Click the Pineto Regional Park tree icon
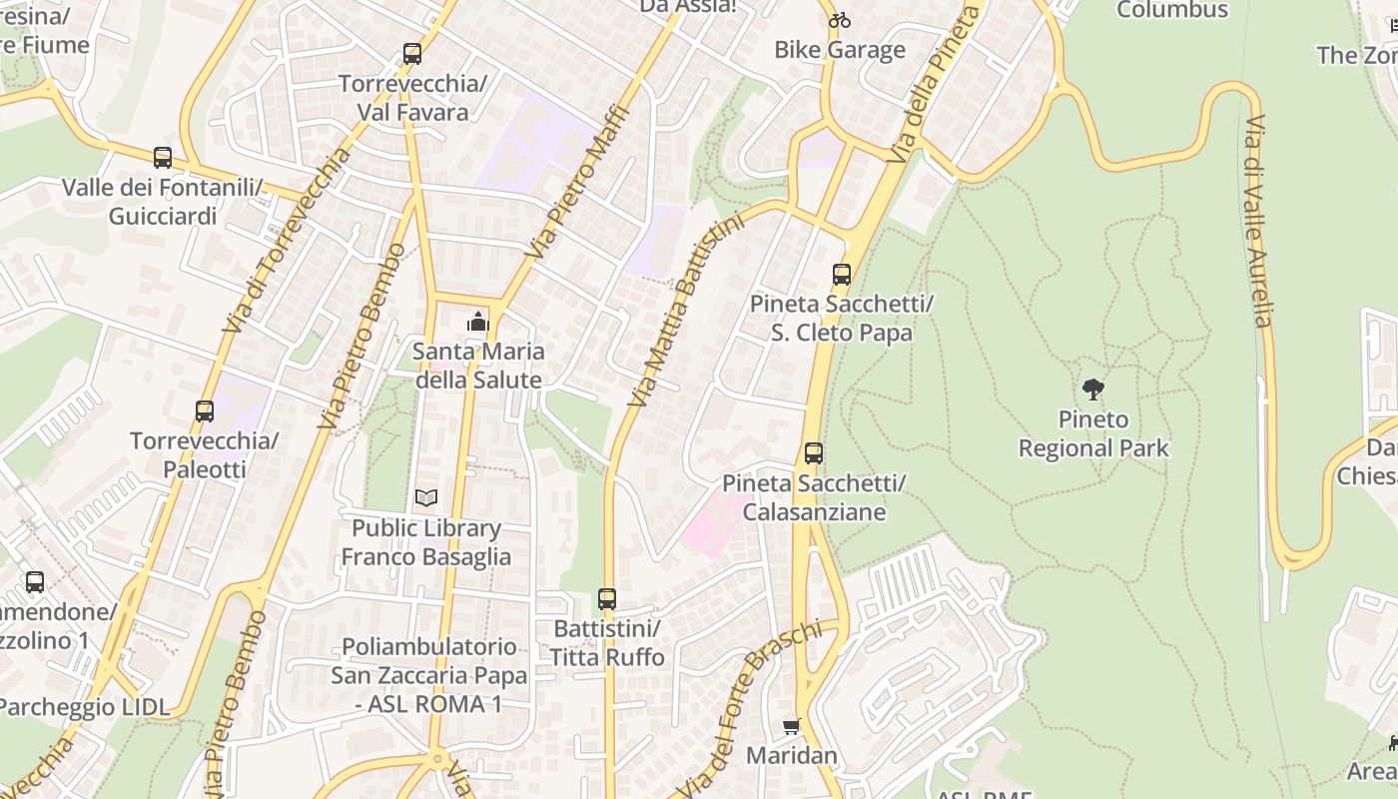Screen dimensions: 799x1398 1093,389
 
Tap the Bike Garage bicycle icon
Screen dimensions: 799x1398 840,20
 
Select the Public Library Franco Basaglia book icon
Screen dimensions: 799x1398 426,497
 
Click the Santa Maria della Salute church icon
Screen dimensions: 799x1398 478,322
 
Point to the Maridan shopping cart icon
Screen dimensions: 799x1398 792,726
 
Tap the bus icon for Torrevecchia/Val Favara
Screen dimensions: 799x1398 412,54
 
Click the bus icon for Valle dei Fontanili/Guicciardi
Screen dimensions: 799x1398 163,158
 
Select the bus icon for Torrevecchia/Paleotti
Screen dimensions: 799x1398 205,410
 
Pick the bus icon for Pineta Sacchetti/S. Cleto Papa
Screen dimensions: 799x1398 842,275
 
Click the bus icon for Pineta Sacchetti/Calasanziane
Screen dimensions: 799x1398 814,453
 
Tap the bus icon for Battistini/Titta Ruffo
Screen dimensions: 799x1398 607,599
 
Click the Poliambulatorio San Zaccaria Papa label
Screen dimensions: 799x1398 429,675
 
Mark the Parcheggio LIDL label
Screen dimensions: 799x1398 84,707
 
